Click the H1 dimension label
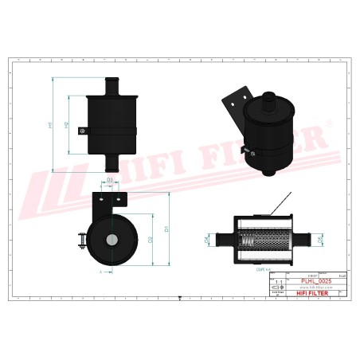[x=50, y=125]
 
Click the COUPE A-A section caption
[x=263, y=269]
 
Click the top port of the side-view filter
[x=111, y=84]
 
